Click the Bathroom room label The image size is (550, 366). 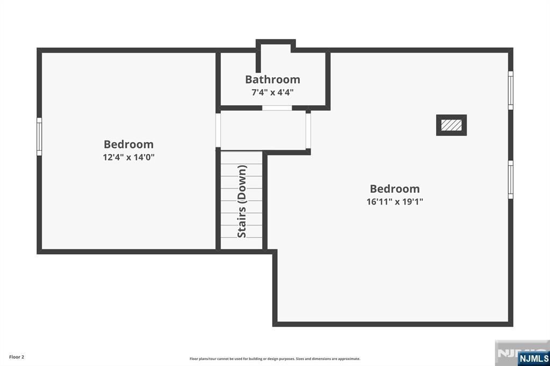pyautogui.click(x=272, y=79)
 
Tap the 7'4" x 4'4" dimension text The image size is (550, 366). pyautogui.click(x=272, y=92)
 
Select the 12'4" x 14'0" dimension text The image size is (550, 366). pyautogui.click(x=128, y=157)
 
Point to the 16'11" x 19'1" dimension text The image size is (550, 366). pyautogui.click(x=395, y=202)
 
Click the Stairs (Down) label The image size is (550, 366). pyautogui.click(x=242, y=201)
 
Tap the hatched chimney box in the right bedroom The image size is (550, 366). pyautogui.click(x=451, y=125)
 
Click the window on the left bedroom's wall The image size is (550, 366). pyautogui.click(x=39, y=136)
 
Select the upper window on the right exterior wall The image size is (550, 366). pyautogui.click(x=510, y=90)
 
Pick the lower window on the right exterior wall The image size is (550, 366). pyautogui.click(x=510, y=179)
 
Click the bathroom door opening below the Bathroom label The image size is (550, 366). pyautogui.click(x=277, y=108)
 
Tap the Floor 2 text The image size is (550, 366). pyautogui.click(x=17, y=356)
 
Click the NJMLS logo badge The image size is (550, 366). pyautogui.click(x=533, y=358)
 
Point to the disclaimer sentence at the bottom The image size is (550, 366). pyautogui.click(x=274, y=358)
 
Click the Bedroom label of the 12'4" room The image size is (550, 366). pyautogui.click(x=128, y=144)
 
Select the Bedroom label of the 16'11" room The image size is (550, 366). pyautogui.click(x=395, y=189)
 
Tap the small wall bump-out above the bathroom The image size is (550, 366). pyautogui.click(x=276, y=46)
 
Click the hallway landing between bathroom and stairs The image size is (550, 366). pyautogui.click(x=263, y=130)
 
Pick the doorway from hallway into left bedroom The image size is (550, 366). pyautogui.click(x=218, y=130)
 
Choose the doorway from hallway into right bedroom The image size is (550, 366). pyautogui.click(x=308, y=130)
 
